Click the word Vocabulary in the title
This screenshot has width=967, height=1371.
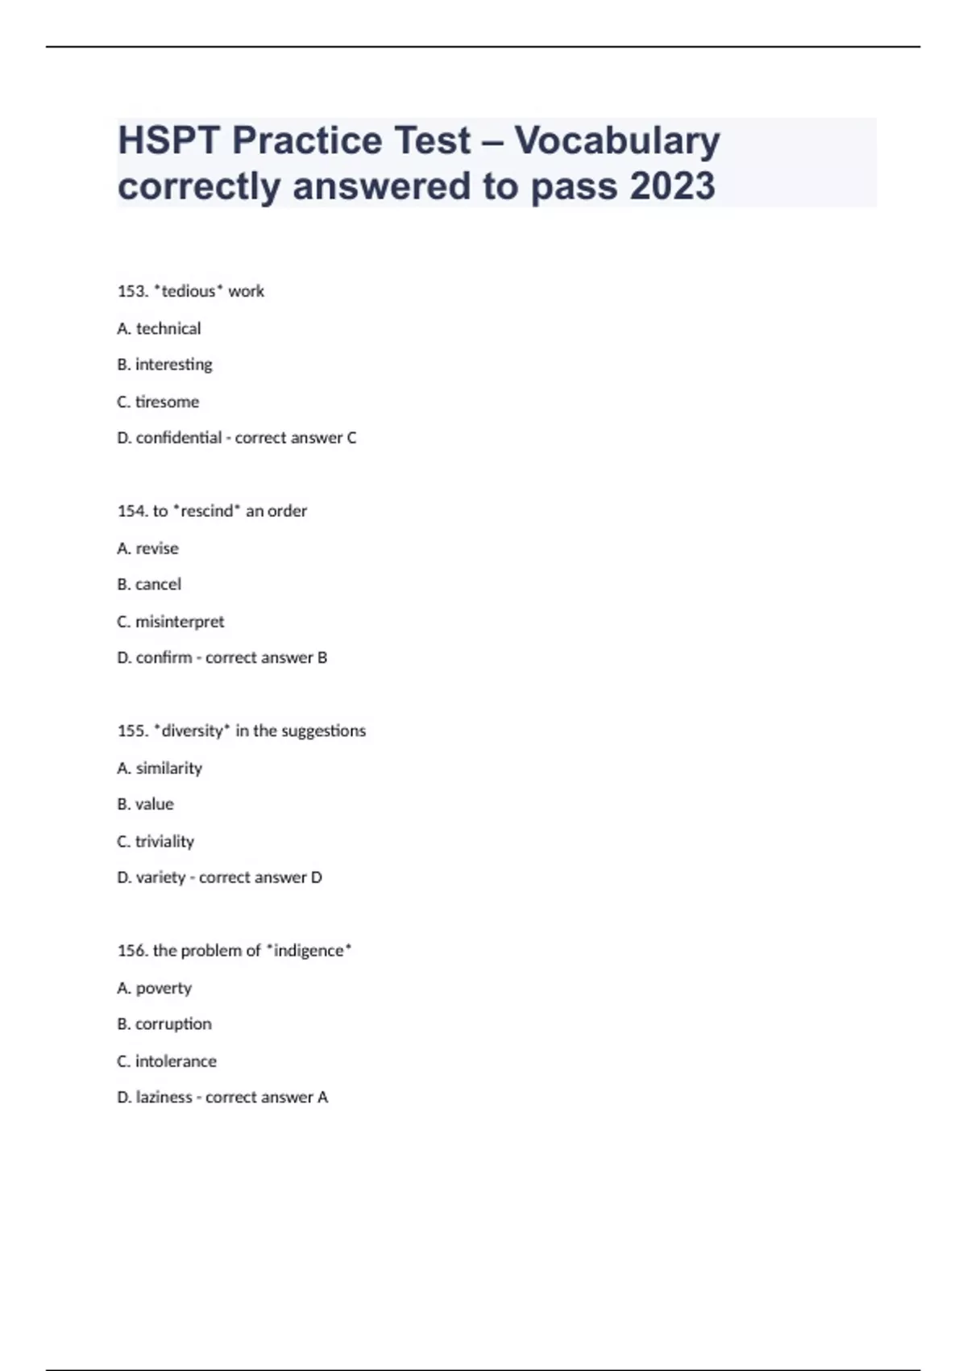[x=617, y=141]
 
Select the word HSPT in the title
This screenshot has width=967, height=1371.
[x=168, y=141]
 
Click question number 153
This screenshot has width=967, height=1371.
[x=132, y=291]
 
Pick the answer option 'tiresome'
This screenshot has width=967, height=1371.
[x=167, y=402]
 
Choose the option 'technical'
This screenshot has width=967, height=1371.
[x=168, y=328]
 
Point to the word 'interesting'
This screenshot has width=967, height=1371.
[x=173, y=365]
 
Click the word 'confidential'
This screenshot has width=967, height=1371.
[x=178, y=438]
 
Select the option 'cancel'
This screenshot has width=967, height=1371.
[x=158, y=584]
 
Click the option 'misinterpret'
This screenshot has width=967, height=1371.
[x=180, y=622]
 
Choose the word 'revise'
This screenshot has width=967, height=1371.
[x=157, y=548]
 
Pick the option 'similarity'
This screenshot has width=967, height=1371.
[x=168, y=768]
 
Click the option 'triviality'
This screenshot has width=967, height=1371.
[x=164, y=841]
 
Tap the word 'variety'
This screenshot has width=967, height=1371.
[x=160, y=877]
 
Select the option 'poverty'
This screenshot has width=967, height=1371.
[x=164, y=988]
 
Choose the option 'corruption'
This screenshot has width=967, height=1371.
[x=173, y=1024]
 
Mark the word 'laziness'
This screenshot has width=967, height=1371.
[x=164, y=1098]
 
